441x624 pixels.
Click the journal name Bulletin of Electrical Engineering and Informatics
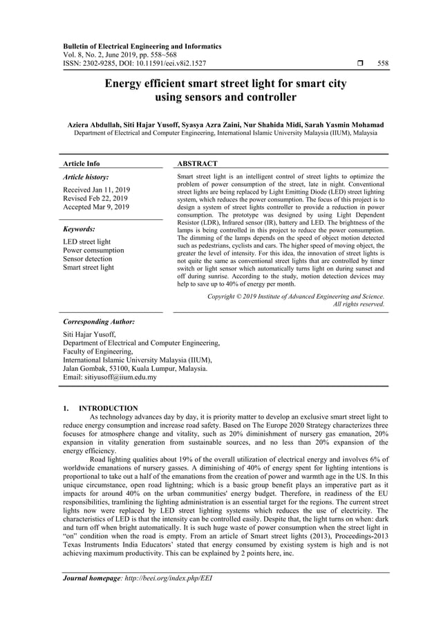point(142,46)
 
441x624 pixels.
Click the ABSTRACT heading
point(198,164)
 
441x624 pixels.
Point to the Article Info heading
point(82,164)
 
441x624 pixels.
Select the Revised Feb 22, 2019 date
point(95,198)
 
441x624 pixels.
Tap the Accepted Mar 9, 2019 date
point(96,207)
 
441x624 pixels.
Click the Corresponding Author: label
point(99,322)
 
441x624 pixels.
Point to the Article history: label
point(86,178)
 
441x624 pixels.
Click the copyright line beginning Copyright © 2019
point(296,296)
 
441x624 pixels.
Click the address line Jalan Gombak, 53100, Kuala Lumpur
point(135,369)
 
